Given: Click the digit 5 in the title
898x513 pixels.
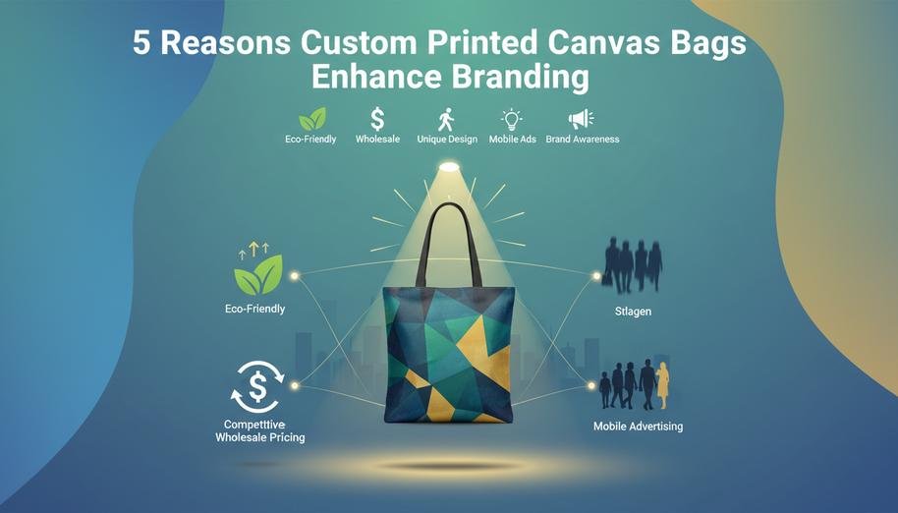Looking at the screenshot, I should click(143, 46).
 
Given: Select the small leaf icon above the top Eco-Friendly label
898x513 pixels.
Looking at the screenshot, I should click(312, 120).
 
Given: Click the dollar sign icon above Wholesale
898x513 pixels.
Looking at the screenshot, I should click(376, 120).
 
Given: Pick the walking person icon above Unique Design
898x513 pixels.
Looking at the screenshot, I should click(446, 120).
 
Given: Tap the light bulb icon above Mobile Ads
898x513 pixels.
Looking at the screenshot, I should click(511, 120).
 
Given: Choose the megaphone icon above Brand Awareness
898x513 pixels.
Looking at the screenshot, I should click(582, 120).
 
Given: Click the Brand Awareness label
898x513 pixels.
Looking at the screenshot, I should click(583, 140).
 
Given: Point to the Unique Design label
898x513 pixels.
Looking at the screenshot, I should click(446, 140).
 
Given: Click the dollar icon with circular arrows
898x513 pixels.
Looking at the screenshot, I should click(257, 385).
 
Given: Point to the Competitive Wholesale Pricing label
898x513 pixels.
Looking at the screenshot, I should click(259, 429).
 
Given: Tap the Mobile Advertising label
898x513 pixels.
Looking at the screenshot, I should click(638, 427).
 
